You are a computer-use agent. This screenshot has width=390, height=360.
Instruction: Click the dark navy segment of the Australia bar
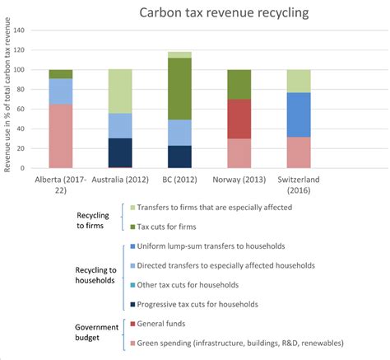pos(120,153)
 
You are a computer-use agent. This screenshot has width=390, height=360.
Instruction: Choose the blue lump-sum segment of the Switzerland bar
pos(298,115)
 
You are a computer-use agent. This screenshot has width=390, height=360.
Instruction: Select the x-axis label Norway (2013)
pos(239,180)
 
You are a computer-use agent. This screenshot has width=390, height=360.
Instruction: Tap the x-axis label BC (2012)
pos(179,180)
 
